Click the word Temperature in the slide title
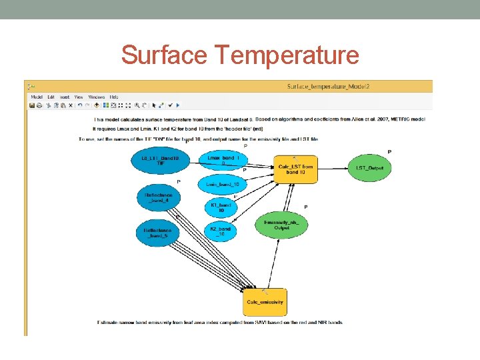287,55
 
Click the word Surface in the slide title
164,55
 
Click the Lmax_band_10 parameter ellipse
223,160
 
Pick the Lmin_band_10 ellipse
222,184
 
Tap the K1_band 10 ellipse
221,207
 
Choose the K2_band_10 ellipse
221,231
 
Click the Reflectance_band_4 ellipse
158,197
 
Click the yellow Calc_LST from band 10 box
294,169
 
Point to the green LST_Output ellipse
370,168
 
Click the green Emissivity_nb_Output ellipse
281,224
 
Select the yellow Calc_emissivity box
265,302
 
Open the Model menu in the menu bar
37,97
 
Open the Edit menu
51,97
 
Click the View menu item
79,97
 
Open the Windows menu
97,97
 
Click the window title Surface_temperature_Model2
328,86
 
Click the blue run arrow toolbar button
177,105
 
